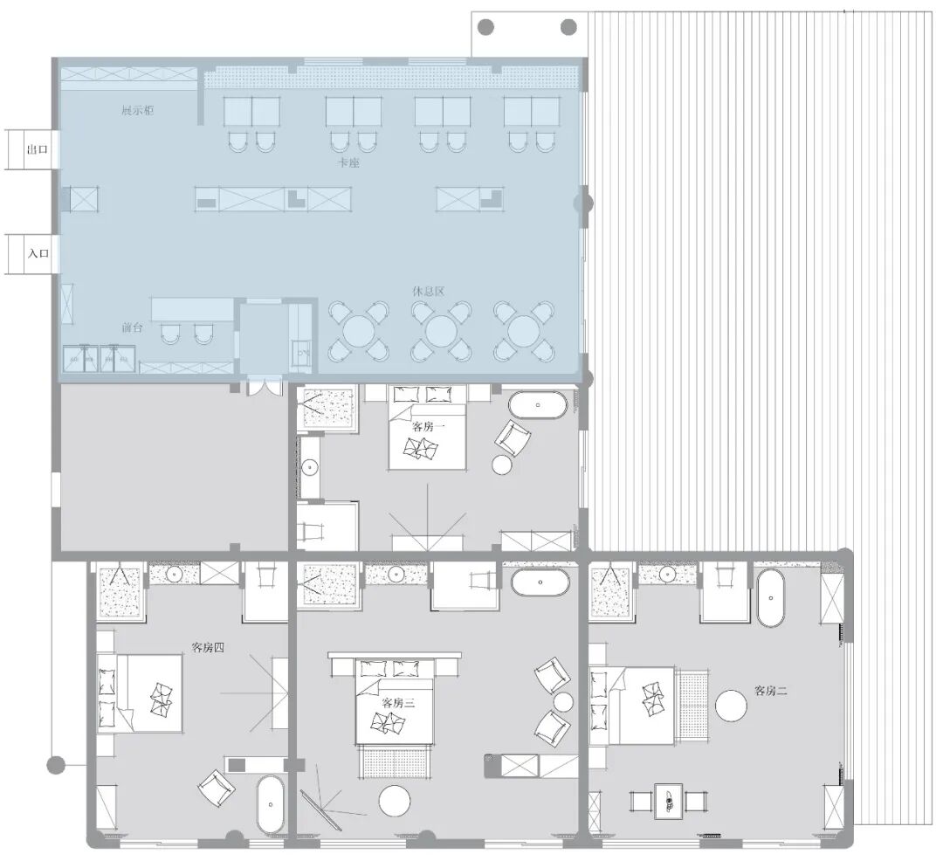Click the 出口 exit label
click(x=38, y=150)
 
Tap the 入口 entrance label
click(x=38, y=254)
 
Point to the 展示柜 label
click(x=138, y=111)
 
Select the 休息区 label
click(x=429, y=291)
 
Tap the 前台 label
click(x=132, y=327)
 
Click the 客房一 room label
click(x=429, y=427)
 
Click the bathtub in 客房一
click(x=538, y=406)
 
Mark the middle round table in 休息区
click(x=442, y=331)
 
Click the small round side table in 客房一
click(x=503, y=465)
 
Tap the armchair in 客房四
click(x=216, y=789)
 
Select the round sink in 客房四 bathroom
click(x=175, y=575)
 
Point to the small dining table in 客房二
click(x=669, y=801)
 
